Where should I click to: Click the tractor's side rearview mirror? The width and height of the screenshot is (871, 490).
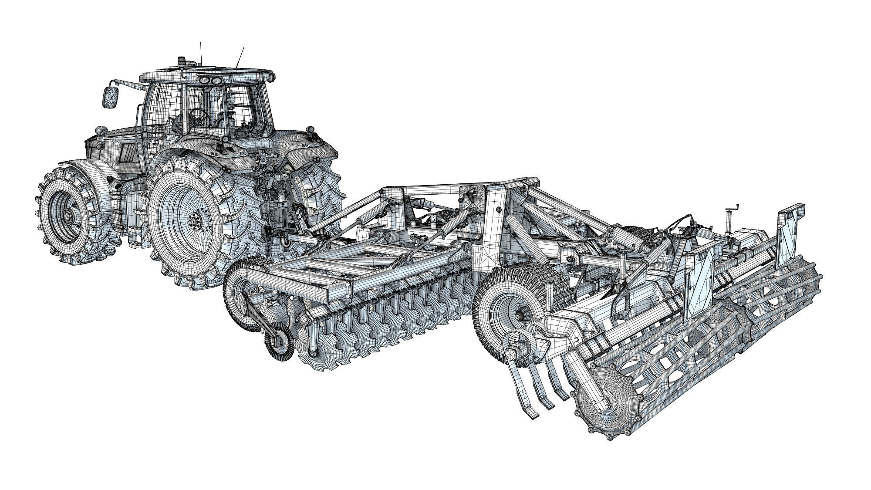pyautogui.click(x=110, y=97)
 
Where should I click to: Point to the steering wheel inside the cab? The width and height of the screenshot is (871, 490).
pyautogui.click(x=200, y=115)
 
